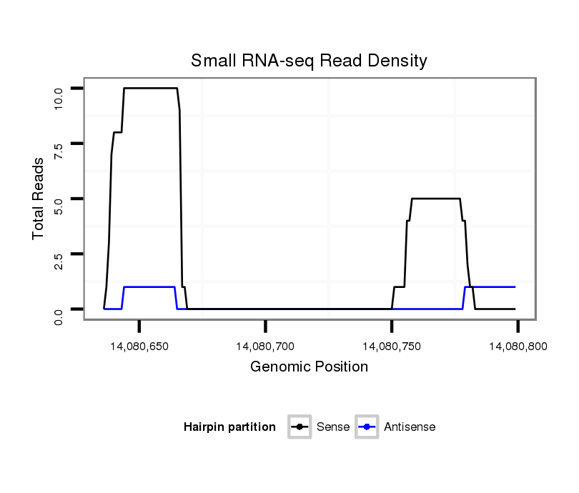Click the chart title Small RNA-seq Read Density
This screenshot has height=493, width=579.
[x=309, y=61]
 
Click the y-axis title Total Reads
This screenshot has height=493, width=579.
[x=39, y=199]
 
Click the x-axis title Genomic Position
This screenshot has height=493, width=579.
[x=309, y=367]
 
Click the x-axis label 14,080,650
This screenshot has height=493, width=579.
[x=139, y=347]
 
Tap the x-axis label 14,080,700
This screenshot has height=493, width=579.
[x=265, y=347]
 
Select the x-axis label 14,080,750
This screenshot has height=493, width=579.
[x=392, y=347]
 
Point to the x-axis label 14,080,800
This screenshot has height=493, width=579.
[x=518, y=347]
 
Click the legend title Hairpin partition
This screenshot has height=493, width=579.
[x=229, y=427]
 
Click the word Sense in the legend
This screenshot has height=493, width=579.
[x=333, y=427]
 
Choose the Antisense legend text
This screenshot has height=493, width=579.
[x=410, y=427]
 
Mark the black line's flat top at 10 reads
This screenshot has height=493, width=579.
[x=150, y=88]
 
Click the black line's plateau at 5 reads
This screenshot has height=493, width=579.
[x=435, y=199]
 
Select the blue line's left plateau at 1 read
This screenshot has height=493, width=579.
[x=149, y=287]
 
